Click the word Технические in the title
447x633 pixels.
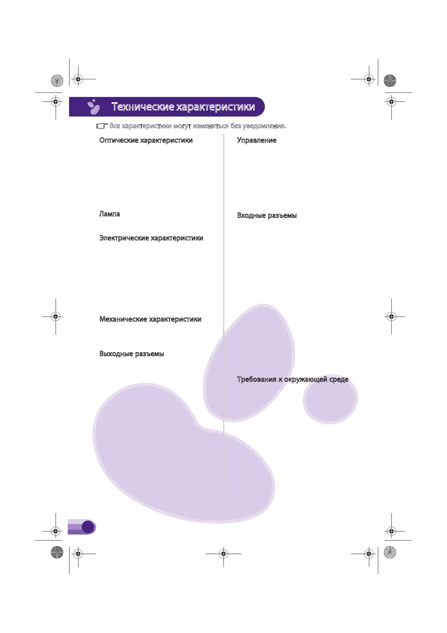tap(143, 107)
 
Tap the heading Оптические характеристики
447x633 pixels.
tap(146, 140)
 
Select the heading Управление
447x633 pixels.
tap(257, 140)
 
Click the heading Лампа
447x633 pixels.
tap(109, 214)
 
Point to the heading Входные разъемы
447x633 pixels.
tap(267, 215)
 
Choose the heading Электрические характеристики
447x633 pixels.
tap(151, 238)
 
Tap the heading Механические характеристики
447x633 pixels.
tap(150, 319)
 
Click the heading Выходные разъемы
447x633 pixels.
tap(131, 354)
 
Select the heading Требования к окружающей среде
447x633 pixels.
tap(292, 379)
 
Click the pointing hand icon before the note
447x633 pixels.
tap(102, 126)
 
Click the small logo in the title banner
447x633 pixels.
tap(94, 107)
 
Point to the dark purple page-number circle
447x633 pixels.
tap(88, 527)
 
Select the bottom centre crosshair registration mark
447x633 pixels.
tap(223, 554)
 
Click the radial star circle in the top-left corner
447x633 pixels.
tap(57, 80)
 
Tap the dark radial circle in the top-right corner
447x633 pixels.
tap(390, 80)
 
